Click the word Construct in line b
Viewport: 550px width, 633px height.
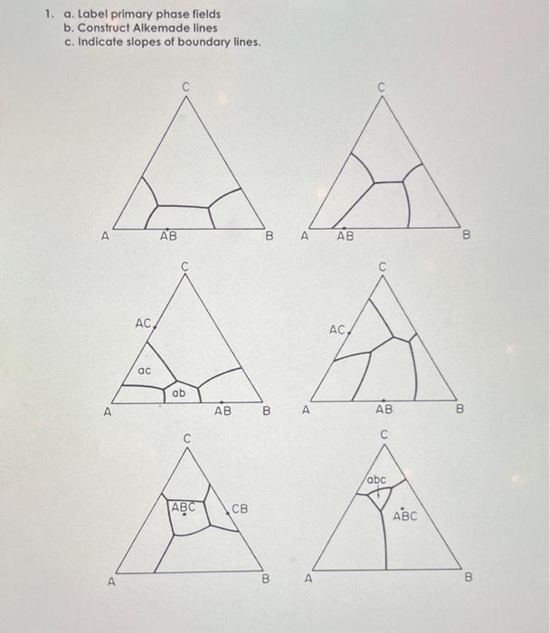[x=104, y=28]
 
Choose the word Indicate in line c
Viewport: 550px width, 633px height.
[x=100, y=42]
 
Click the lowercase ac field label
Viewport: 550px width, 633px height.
[x=144, y=371]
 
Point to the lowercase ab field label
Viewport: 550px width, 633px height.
[x=178, y=393]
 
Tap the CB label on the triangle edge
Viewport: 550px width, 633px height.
[x=240, y=508]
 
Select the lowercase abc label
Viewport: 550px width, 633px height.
[x=377, y=479]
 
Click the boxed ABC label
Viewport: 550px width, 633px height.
[x=184, y=507]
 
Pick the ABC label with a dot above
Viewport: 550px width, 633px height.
[x=404, y=517]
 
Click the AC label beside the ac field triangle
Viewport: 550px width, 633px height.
[x=143, y=323]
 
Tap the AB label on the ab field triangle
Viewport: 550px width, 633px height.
[x=223, y=410]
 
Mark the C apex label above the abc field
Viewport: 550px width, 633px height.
[x=384, y=435]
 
